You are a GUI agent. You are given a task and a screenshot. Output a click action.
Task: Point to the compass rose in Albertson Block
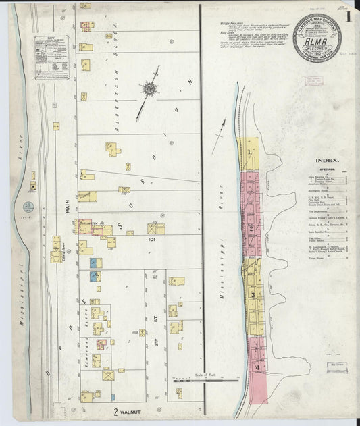[x=149, y=88]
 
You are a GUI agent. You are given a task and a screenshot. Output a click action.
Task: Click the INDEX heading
[x=327, y=161]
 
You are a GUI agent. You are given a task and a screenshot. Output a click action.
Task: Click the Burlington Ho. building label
[x=93, y=221]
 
